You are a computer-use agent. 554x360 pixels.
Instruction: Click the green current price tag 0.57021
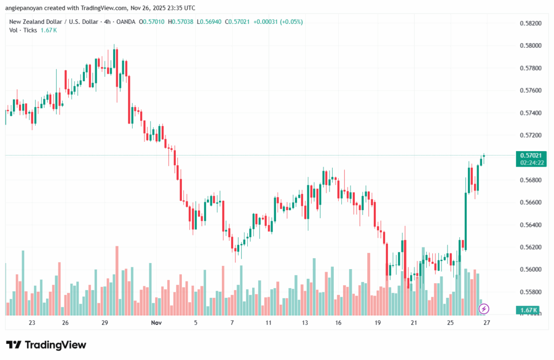click(x=529, y=155)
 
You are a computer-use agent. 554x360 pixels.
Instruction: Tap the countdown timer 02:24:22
click(x=529, y=162)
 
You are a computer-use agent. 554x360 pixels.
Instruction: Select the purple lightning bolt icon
click(x=484, y=309)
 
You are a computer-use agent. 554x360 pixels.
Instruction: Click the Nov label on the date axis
click(x=156, y=323)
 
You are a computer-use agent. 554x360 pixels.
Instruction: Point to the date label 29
click(x=105, y=323)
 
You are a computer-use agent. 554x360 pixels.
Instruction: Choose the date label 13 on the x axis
click(x=305, y=323)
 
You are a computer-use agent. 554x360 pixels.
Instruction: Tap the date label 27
click(x=486, y=323)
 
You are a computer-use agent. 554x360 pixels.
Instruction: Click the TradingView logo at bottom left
click(x=46, y=345)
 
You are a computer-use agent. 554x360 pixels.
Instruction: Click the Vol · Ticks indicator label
click(x=23, y=30)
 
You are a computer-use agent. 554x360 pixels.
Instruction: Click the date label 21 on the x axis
click(x=413, y=323)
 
